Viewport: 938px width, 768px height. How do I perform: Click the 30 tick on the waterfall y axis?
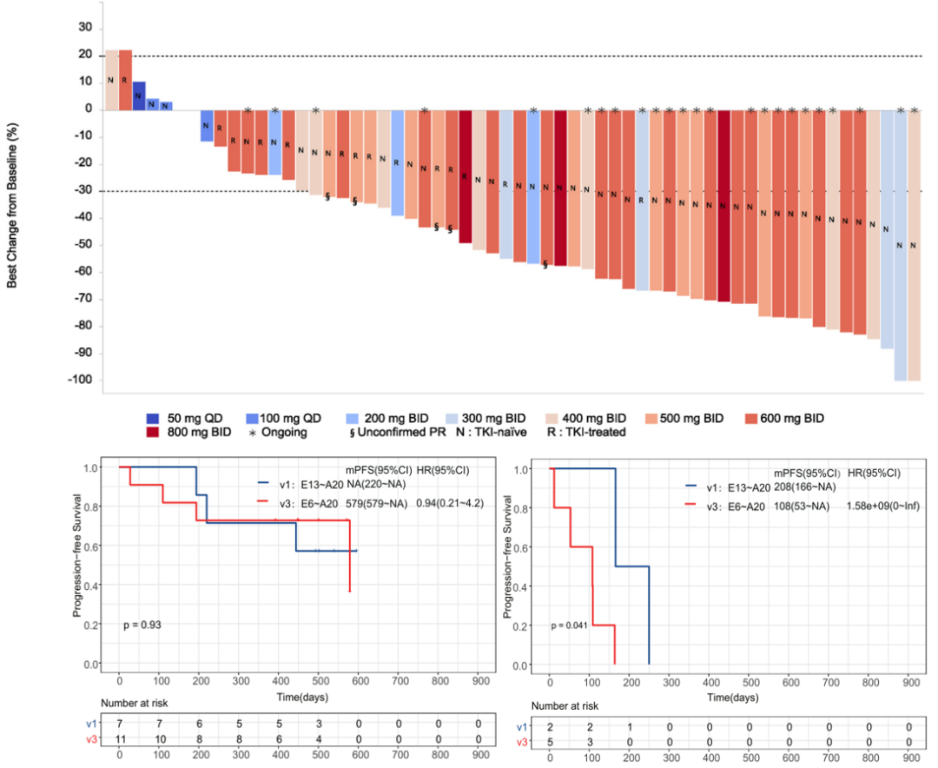(x=85, y=27)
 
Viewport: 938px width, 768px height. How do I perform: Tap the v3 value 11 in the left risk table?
(x=119, y=738)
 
